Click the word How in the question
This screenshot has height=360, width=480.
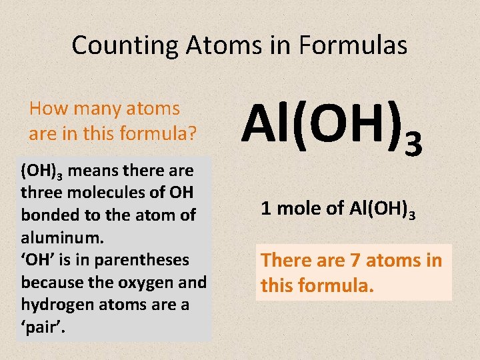tap(47, 109)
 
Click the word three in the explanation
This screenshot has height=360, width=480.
tap(42, 193)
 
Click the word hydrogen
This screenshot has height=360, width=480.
tap(55, 305)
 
